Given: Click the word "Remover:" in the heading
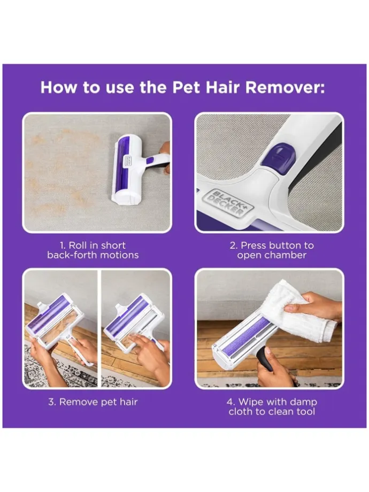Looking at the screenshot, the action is click(285, 87).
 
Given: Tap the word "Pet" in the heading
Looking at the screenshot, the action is click(186, 87).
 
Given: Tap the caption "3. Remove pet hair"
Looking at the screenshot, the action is click(93, 402).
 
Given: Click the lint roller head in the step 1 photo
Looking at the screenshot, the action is click(129, 170).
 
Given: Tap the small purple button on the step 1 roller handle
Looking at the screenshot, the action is click(150, 160).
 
